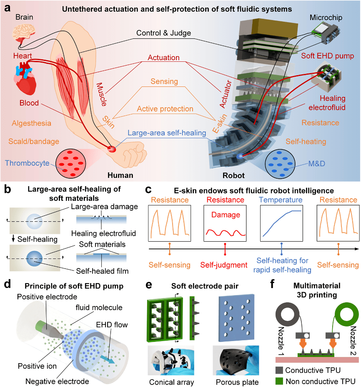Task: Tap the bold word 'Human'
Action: click(x=120, y=175)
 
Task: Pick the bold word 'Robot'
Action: click(x=233, y=175)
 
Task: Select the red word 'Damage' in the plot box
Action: click(x=225, y=215)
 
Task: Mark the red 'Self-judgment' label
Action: click(x=225, y=265)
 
